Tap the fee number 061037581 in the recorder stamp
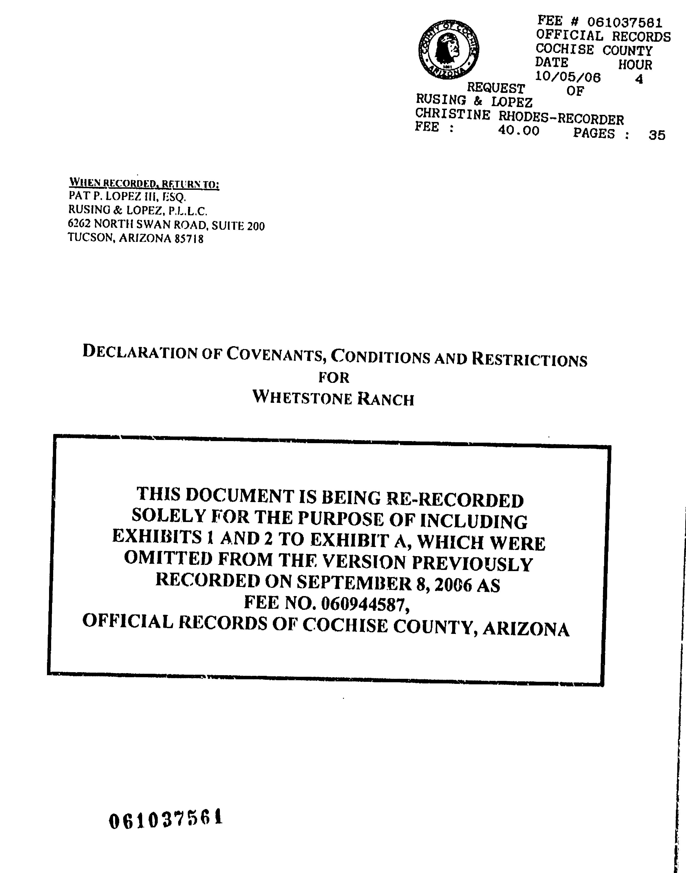point(625,22)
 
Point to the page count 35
point(657,135)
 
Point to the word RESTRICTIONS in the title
point(529,359)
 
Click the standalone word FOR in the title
point(334,378)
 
